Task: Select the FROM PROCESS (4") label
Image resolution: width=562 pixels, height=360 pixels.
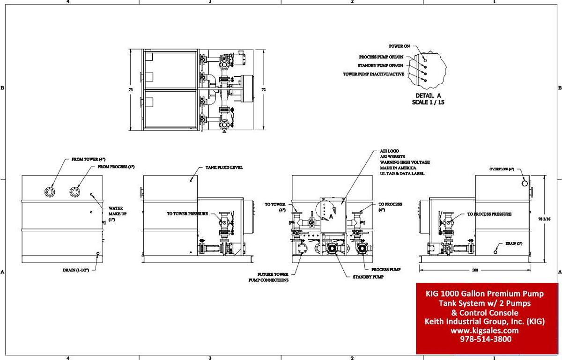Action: tap(116, 167)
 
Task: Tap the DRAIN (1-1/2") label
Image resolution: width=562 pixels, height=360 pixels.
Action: tap(75, 270)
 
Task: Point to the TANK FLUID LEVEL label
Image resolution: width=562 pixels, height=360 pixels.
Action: tap(224, 167)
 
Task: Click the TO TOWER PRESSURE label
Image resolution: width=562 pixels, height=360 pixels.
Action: tap(187, 213)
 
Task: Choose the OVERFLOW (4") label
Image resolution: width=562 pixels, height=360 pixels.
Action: tap(502, 169)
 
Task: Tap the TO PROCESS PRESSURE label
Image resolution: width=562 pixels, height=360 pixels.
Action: tap(489, 214)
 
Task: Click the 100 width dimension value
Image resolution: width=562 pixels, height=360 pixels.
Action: tap(476, 270)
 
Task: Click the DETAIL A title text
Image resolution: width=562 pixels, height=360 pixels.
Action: tap(428, 95)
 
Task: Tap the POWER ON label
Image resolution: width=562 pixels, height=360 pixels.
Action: tap(399, 46)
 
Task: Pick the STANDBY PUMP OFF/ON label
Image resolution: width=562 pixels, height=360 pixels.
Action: tap(380, 66)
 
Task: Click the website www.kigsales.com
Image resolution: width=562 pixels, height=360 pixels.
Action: tap(485, 330)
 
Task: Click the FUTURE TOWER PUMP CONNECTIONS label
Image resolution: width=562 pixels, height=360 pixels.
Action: tap(268, 277)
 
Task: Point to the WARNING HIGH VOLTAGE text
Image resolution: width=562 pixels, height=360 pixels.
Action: tap(405, 162)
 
